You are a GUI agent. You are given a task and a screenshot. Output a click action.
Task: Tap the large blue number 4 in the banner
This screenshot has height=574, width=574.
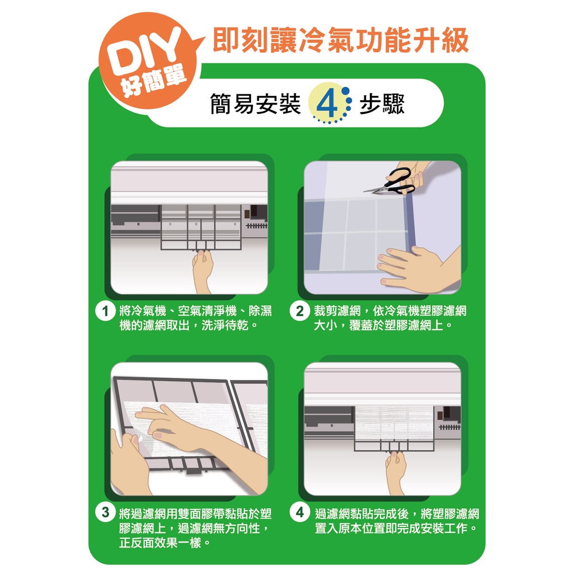[x=327, y=104]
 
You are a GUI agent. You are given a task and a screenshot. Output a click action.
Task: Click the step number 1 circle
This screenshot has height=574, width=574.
[x=105, y=311]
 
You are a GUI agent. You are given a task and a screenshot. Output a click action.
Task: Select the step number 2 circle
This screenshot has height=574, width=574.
[x=299, y=311]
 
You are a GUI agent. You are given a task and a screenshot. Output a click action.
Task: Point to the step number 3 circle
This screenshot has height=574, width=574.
[x=105, y=512]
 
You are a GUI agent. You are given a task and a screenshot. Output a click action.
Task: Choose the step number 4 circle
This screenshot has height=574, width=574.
[x=299, y=512]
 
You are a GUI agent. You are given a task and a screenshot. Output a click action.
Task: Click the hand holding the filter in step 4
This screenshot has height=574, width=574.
[x=396, y=472]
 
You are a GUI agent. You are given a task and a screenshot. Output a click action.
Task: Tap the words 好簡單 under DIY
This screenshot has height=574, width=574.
[x=154, y=82]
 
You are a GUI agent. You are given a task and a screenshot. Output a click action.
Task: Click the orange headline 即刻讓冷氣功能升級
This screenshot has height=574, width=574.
[x=340, y=40]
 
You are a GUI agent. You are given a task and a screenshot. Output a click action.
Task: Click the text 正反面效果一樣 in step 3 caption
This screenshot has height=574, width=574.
[x=160, y=542]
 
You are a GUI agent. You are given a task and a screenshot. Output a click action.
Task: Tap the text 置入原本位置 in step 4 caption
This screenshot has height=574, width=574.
[x=350, y=528]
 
